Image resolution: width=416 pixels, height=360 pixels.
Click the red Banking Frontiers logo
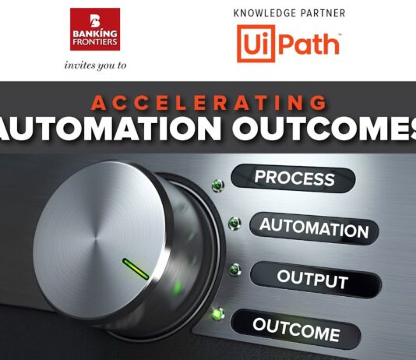click(x=94, y=29)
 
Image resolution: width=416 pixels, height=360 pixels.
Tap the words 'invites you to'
click(x=94, y=65)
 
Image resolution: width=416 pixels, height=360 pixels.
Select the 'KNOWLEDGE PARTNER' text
click(x=289, y=13)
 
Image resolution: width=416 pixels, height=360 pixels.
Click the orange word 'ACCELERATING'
click(x=208, y=103)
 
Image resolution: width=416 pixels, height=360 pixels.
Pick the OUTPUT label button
click(x=312, y=279)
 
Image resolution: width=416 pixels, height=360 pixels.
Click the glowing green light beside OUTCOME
click(x=218, y=314)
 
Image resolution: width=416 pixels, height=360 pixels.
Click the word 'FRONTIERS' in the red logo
click(x=94, y=42)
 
